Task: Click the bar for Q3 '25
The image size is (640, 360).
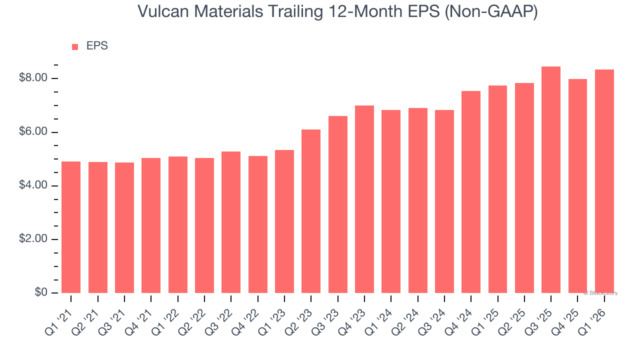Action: [551, 180]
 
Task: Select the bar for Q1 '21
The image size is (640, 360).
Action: [71, 227]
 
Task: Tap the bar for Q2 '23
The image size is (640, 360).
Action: [311, 211]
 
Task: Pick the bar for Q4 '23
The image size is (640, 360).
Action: [364, 199]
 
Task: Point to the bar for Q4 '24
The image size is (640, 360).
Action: [471, 192]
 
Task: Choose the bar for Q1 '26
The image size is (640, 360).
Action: [604, 181]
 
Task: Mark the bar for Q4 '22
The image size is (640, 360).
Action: [258, 224]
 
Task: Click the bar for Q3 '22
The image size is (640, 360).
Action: [231, 222]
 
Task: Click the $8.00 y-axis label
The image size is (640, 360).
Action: [33, 78]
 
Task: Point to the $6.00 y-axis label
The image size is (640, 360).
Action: [33, 132]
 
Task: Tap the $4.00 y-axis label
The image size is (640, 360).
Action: [33, 186]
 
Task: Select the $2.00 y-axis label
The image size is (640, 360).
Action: [33, 239]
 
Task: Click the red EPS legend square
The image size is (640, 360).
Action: [75, 47]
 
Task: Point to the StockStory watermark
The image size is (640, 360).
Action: [600, 293]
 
